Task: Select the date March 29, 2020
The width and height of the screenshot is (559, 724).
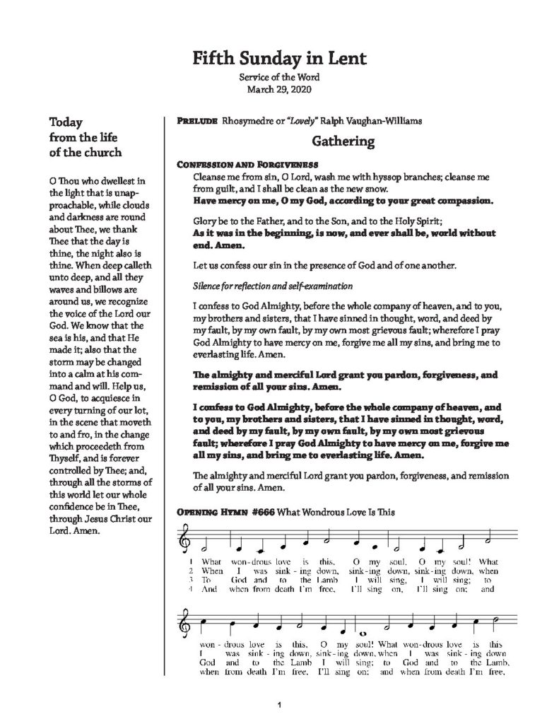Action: (x=278, y=90)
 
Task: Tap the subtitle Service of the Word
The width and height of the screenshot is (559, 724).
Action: (x=278, y=77)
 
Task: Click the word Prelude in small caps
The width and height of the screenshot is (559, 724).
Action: (x=196, y=121)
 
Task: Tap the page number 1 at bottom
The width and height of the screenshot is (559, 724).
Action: (x=281, y=705)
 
